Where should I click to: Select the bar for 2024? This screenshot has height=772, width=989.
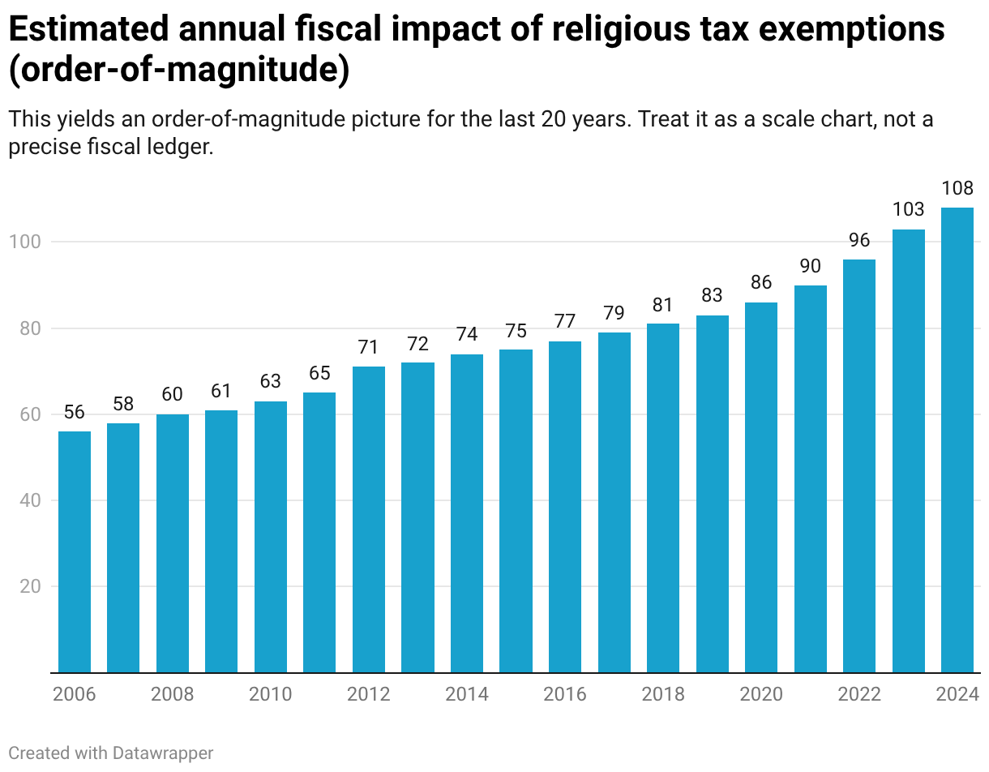(957, 440)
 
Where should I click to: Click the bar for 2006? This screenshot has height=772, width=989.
(75, 552)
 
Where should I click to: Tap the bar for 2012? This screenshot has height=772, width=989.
(369, 520)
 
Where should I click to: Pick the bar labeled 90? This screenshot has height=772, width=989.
(810, 479)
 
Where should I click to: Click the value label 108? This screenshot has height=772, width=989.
(957, 188)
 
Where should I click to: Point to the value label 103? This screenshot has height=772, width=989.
(908, 209)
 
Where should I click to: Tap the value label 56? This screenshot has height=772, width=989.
(75, 412)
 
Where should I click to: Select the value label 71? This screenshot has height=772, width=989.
(369, 347)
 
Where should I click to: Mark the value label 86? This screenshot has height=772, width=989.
(761, 283)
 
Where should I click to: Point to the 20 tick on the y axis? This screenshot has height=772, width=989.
(29, 586)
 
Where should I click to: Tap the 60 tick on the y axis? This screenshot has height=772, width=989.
(29, 414)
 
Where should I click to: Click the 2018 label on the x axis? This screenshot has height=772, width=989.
(663, 694)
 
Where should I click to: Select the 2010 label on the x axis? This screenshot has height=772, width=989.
(271, 694)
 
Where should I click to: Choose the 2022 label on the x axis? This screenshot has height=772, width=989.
(859, 694)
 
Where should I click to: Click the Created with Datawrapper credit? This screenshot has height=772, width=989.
(111, 753)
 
